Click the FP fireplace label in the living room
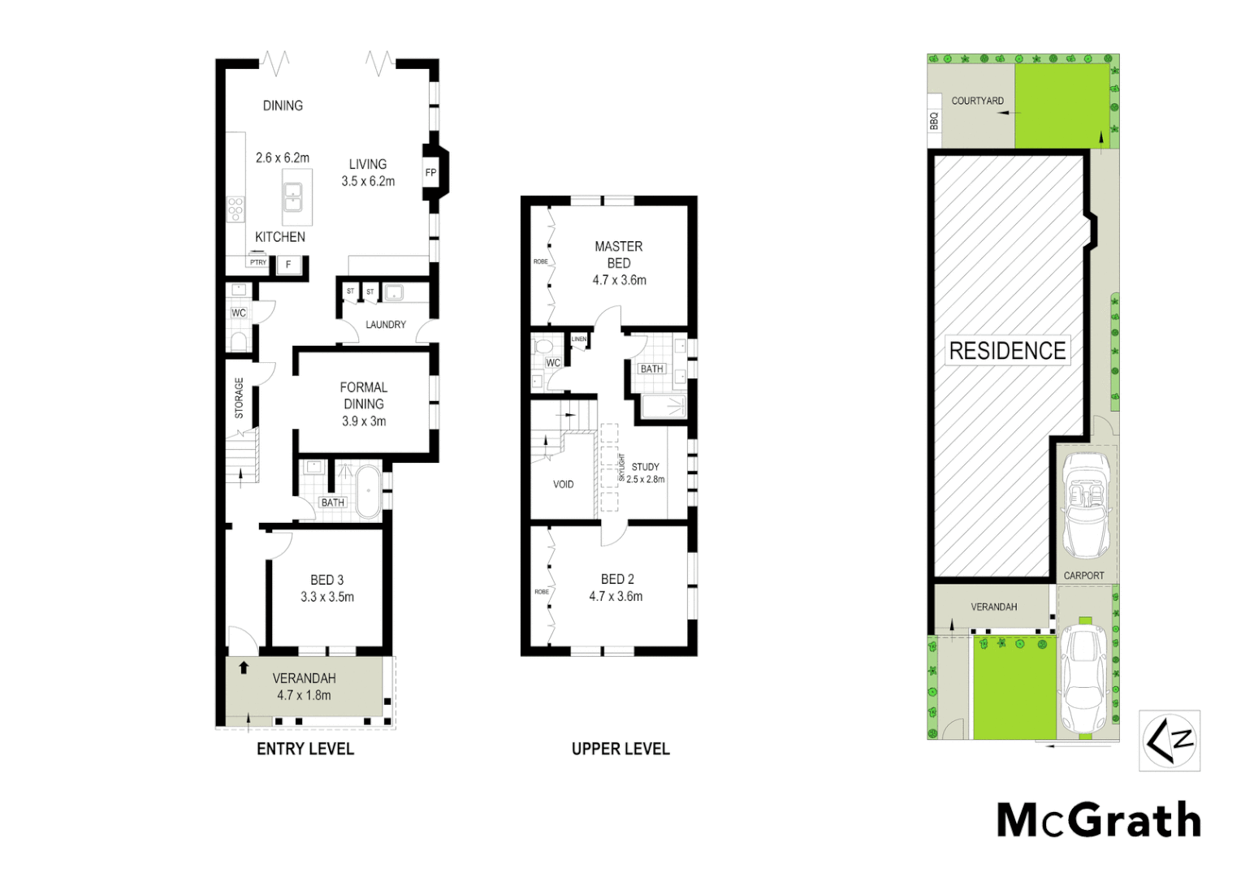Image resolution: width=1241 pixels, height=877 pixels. point(430,172)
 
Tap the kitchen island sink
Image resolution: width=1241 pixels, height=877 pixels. point(292,197)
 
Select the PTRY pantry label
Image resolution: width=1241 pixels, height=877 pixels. point(258,262)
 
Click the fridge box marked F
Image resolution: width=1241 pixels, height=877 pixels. point(288,265)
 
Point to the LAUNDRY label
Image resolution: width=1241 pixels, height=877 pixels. point(386,325)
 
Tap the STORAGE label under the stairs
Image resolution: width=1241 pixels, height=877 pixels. point(239,398)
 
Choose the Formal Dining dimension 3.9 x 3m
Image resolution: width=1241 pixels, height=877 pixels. point(364,421)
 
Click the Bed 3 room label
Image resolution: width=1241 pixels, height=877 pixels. point(327,580)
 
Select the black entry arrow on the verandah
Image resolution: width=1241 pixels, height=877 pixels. point(244,667)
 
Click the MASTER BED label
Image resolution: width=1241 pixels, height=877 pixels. point(619,254)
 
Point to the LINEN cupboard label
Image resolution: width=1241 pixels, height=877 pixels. point(579,339)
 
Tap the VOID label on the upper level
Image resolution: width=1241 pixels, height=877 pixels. point(564,484)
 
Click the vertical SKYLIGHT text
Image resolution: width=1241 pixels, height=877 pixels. point(622,468)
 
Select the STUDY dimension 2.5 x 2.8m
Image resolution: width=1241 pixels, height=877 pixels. point(646,479)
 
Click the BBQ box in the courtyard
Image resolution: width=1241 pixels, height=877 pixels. point(934,121)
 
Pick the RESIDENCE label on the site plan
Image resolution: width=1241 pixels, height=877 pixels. point(1007,351)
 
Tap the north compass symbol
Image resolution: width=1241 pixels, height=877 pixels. point(1170,740)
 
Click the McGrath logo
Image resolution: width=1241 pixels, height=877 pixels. point(1099,820)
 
